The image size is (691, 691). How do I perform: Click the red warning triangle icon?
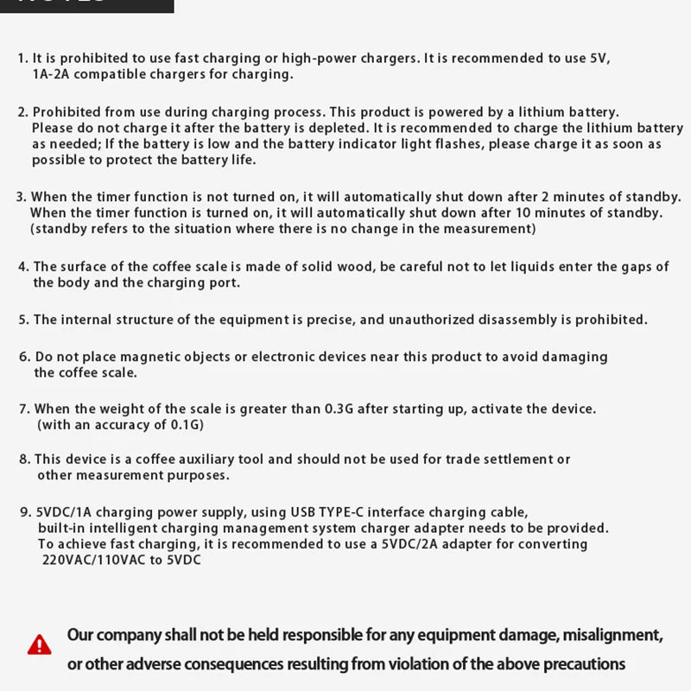[x=39, y=644]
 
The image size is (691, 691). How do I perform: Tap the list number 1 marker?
[x=22, y=59]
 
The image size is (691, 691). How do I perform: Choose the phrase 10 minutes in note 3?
[x=574, y=212]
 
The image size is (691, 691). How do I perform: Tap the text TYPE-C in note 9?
[x=353, y=511]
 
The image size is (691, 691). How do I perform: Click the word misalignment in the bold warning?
[x=612, y=636]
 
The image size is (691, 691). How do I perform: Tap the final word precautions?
[x=578, y=664]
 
